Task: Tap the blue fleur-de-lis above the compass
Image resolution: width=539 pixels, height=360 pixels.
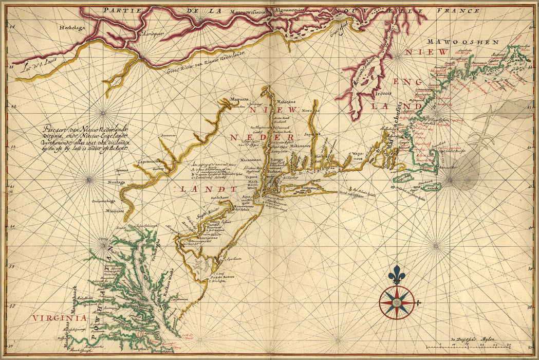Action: (x=396, y=275)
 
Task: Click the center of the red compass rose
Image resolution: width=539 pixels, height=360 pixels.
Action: (x=397, y=302)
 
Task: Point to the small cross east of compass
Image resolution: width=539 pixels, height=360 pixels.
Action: (x=418, y=303)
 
